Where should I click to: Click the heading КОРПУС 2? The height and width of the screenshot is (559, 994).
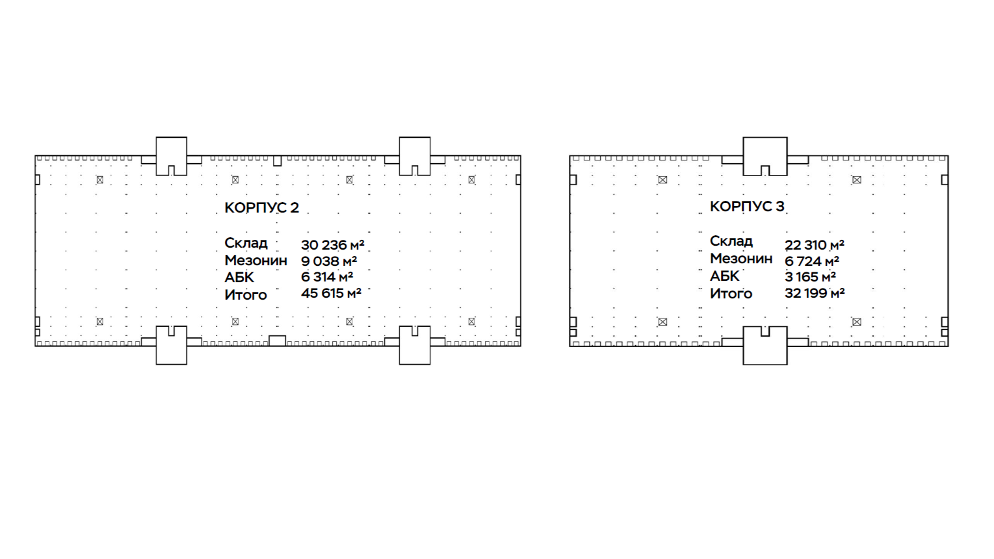[x=261, y=207]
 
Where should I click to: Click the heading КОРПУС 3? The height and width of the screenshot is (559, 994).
[x=747, y=206]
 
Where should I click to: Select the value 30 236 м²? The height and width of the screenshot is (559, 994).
[x=332, y=245]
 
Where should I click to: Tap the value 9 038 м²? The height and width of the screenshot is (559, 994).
[x=329, y=261]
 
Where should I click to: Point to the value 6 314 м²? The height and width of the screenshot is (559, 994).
[x=327, y=277]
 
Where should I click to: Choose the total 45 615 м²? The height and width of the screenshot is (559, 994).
[x=331, y=292]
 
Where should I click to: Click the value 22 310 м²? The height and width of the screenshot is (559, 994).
[x=815, y=245]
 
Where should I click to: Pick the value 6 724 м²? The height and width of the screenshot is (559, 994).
[x=811, y=261]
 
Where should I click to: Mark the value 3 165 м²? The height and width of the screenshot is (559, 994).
[x=810, y=277]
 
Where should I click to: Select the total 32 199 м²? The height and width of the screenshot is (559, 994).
[x=815, y=292]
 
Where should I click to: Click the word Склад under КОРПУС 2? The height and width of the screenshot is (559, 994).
[x=246, y=243]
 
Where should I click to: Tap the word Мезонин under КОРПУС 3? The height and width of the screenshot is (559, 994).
[x=741, y=259]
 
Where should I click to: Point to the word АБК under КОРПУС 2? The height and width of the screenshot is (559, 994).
[x=239, y=278]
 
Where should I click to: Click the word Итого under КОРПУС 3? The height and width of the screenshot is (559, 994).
[x=731, y=294]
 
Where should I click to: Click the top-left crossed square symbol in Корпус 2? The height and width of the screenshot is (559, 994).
[x=100, y=179]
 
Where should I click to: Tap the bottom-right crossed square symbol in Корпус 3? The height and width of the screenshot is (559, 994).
[x=856, y=322]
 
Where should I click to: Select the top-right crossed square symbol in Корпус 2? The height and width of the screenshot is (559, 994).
[x=472, y=179]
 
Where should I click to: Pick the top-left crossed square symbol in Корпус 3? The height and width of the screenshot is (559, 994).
[x=662, y=179]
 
